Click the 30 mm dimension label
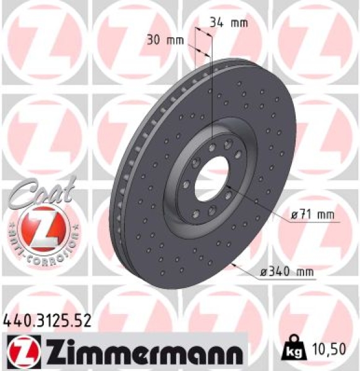tap(166, 41)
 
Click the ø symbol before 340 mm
tap(260, 271)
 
